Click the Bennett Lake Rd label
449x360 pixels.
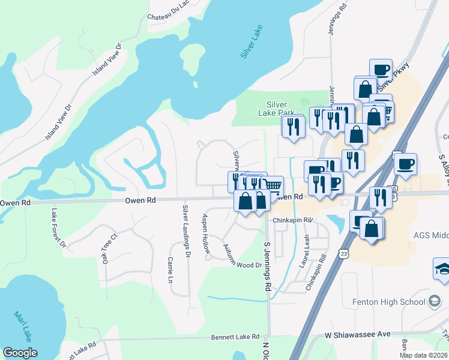point(235,338)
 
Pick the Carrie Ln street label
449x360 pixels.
point(170,271)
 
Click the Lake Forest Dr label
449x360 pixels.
point(58,228)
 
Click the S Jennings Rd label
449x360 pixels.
point(267,266)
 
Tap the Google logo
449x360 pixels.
point(20,353)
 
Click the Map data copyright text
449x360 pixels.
point(423,355)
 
